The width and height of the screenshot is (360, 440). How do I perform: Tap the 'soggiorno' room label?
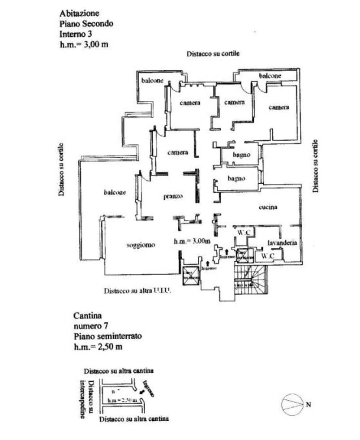(x=141, y=245)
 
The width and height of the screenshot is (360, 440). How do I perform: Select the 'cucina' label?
(x=269, y=207)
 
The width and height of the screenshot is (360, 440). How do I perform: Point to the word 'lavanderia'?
(x=283, y=242)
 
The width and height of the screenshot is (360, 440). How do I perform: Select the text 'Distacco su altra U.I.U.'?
(x=138, y=290)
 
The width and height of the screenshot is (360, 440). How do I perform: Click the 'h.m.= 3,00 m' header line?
(x=84, y=44)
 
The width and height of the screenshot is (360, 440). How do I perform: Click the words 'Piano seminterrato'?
(x=102, y=335)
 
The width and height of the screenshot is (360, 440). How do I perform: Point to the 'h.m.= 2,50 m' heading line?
(x=98, y=345)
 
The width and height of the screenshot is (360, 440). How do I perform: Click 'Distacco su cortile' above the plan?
(x=213, y=53)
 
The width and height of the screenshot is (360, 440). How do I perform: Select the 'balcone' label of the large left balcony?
(x=115, y=193)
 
